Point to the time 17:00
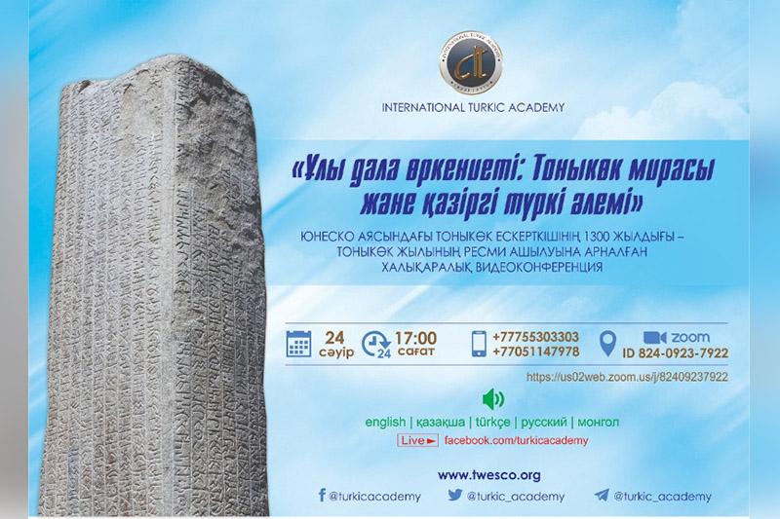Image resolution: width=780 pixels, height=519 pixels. click(x=415, y=338)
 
